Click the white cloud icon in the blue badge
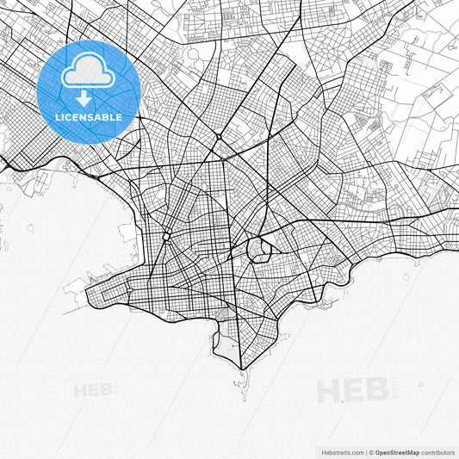point(88,75)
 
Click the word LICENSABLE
point(88,117)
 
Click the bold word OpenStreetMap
point(398,451)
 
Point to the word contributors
point(438,451)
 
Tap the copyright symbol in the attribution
point(370,451)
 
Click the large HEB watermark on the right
point(353,390)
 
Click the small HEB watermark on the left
point(94,390)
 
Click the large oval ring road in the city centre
point(258,251)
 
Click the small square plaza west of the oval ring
point(165,235)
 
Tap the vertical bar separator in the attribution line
point(365,451)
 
